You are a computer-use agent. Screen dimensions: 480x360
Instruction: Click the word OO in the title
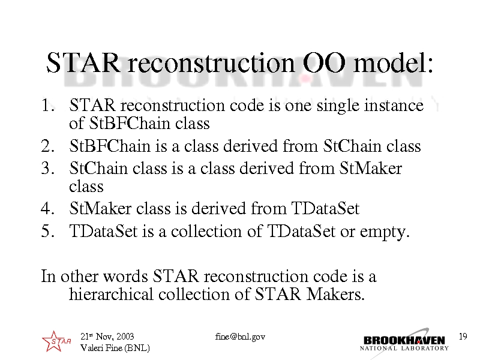click(324, 63)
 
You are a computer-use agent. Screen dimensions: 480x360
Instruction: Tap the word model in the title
click(393, 62)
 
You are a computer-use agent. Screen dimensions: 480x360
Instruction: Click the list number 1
click(48, 106)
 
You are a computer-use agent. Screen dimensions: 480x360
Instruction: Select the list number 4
click(48, 208)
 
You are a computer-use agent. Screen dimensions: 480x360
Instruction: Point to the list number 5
click(48, 231)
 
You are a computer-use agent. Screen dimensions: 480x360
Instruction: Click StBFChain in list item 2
click(110, 146)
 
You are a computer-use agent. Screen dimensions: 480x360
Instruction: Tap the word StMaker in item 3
click(371, 168)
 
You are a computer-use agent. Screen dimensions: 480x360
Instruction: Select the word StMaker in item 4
click(100, 208)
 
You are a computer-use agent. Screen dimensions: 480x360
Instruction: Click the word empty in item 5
click(385, 232)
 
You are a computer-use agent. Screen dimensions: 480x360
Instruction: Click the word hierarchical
click(111, 294)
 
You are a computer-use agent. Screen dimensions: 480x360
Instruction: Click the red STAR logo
click(56, 341)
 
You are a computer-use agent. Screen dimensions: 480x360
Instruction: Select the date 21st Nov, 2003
click(107, 337)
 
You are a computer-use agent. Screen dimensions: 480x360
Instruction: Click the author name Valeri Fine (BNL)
click(115, 348)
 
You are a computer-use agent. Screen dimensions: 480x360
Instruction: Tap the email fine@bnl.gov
click(240, 337)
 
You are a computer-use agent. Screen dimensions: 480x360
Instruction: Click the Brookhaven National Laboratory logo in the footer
click(404, 342)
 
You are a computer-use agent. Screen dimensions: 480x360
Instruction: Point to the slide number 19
click(463, 337)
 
